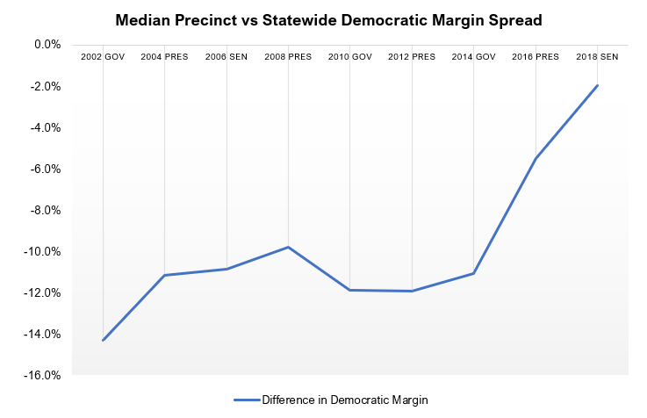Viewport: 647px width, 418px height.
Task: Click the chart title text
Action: [323, 18]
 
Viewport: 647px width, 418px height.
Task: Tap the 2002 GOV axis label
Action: [103, 56]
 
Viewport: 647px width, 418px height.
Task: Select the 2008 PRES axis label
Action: [288, 56]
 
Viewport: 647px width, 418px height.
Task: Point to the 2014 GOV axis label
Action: [473, 56]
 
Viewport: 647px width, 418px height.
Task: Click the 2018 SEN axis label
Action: [597, 56]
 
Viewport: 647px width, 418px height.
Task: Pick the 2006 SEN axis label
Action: [226, 56]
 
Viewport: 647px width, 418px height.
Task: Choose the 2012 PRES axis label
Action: [412, 56]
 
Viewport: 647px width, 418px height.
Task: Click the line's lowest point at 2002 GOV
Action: [103, 340]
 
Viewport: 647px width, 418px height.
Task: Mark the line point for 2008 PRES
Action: [288, 247]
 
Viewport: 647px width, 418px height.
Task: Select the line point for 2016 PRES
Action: [536, 158]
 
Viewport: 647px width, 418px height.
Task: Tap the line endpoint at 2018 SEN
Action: [597, 85]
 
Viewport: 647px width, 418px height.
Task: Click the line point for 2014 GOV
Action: [473, 273]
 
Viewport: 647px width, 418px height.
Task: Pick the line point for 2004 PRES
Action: [164, 275]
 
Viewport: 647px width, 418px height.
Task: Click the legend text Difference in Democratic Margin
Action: [344, 400]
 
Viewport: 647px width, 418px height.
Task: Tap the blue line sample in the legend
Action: [247, 400]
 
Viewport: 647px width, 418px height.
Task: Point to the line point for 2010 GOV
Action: [349, 290]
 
